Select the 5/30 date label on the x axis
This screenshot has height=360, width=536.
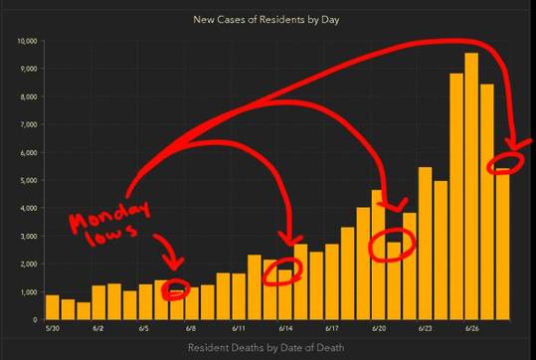click(52, 327)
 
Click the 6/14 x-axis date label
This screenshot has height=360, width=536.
click(284, 327)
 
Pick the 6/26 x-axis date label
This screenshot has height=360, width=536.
click(471, 327)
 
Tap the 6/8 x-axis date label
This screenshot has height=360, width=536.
click(191, 327)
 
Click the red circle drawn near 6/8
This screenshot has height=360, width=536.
click(177, 289)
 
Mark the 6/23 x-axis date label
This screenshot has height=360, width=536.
click(425, 327)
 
